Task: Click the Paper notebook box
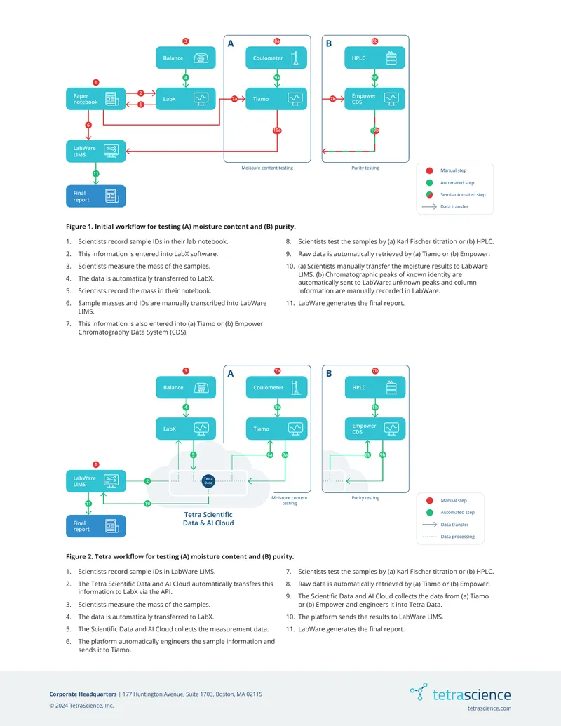click(96, 99)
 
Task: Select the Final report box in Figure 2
click(96, 526)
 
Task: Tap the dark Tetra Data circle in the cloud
click(208, 480)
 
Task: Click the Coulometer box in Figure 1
click(276, 58)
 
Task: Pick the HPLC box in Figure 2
click(375, 387)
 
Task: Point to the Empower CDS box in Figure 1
click(375, 99)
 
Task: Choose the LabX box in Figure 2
click(186, 429)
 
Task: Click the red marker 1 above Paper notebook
click(96, 82)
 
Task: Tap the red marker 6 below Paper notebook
click(88, 125)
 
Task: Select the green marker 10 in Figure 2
click(147, 504)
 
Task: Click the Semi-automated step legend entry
click(456, 195)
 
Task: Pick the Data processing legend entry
click(449, 537)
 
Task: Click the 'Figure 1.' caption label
click(79, 227)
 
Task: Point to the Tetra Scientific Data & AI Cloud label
click(208, 518)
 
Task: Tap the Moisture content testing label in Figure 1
click(267, 168)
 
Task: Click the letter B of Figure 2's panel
click(329, 374)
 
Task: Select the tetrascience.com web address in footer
click(489, 708)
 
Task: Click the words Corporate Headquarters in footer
click(83, 694)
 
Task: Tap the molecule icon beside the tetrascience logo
click(419, 691)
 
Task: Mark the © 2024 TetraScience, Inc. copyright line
click(81, 706)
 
